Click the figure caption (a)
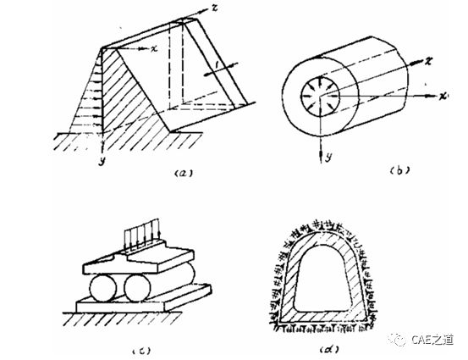[184, 173]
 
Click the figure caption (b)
[399, 170]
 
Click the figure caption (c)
[141, 351]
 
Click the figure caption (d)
[329, 349]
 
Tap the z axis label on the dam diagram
[214, 8]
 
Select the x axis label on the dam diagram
[154, 48]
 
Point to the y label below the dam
[102, 161]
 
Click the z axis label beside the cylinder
[428, 61]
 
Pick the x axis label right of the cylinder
[443, 96]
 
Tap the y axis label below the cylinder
[328, 156]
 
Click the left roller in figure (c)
[102, 288]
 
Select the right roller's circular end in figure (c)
[137, 288]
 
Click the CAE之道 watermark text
[433, 340]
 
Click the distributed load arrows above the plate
[143, 233]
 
